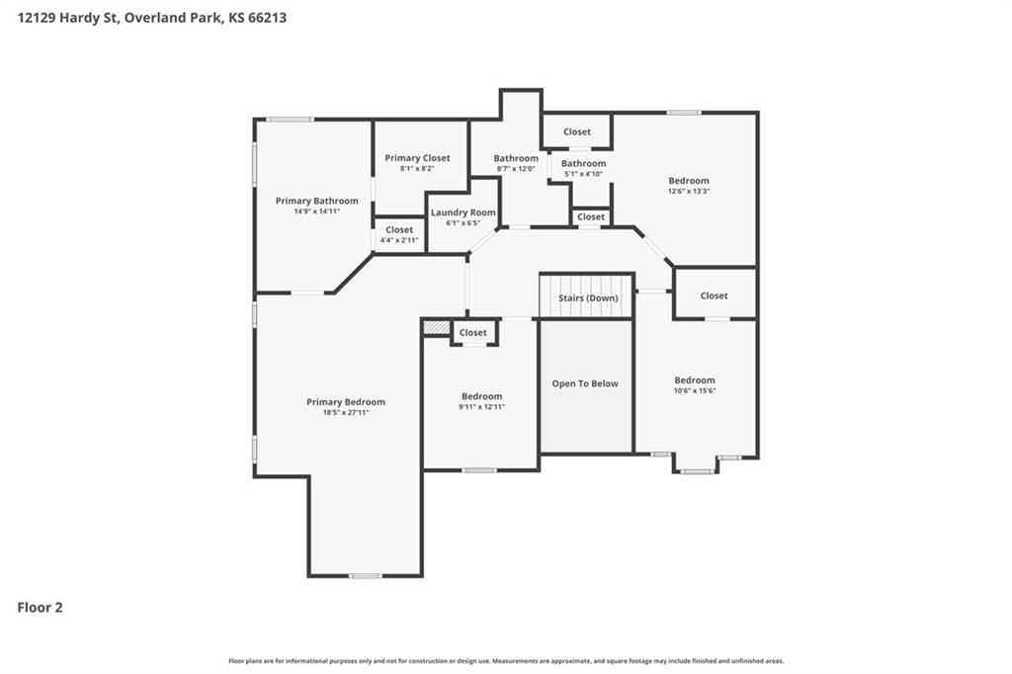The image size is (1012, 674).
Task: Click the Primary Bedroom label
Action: [346, 401]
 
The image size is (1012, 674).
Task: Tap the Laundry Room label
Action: [464, 212]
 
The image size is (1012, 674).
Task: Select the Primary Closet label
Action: [418, 157]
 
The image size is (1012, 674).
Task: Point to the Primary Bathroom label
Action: [317, 201]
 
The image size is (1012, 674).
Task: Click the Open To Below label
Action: [585, 383]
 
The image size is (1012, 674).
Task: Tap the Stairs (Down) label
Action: [588, 297]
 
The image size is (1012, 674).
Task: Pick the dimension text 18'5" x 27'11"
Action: [346, 412]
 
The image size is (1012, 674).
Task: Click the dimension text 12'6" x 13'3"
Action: [689, 191]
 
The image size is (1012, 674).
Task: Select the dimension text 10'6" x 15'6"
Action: [695, 390]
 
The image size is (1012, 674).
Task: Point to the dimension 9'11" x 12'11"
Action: [481, 407]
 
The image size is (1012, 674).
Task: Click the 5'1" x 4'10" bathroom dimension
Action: [583, 174]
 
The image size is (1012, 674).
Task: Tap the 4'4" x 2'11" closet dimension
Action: [399, 240]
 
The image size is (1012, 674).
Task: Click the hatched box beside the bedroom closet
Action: [436, 328]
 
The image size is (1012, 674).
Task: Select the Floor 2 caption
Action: [40, 608]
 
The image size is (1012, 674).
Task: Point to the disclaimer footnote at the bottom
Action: [506, 661]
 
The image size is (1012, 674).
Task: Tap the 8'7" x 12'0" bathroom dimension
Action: [516, 169]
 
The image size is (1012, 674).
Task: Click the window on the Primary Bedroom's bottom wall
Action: [366, 575]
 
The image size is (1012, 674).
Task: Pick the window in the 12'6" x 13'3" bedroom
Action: [684, 113]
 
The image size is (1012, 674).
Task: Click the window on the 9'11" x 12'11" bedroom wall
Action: [479, 470]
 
